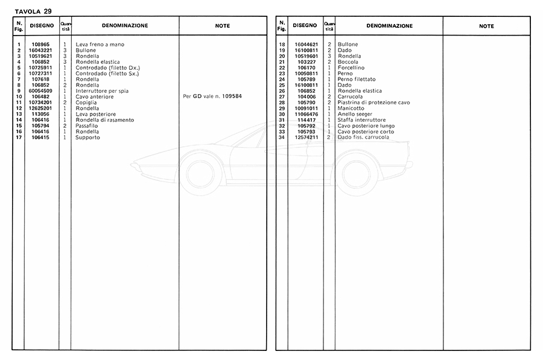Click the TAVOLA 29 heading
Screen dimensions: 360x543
[x=33, y=11]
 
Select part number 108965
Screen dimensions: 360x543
[x=42, y=45]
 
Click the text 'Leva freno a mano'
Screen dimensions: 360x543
[x=100, y=45]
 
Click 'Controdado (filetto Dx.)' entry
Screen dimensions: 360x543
[x=107, y=68]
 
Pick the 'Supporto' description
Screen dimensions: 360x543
[x=87, y=137]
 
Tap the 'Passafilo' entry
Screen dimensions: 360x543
[x=88, y=125]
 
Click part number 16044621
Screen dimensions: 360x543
[x=306, y=45]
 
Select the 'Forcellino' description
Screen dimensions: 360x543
[x=351, y=68]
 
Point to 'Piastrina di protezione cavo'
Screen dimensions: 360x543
[x=373, y=103]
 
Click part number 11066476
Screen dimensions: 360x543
[x=306, y=114]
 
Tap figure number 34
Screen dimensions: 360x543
[x=282, y=137]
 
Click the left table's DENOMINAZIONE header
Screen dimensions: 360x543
[x=125, y=26]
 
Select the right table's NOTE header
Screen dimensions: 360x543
[x=486, y=26]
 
